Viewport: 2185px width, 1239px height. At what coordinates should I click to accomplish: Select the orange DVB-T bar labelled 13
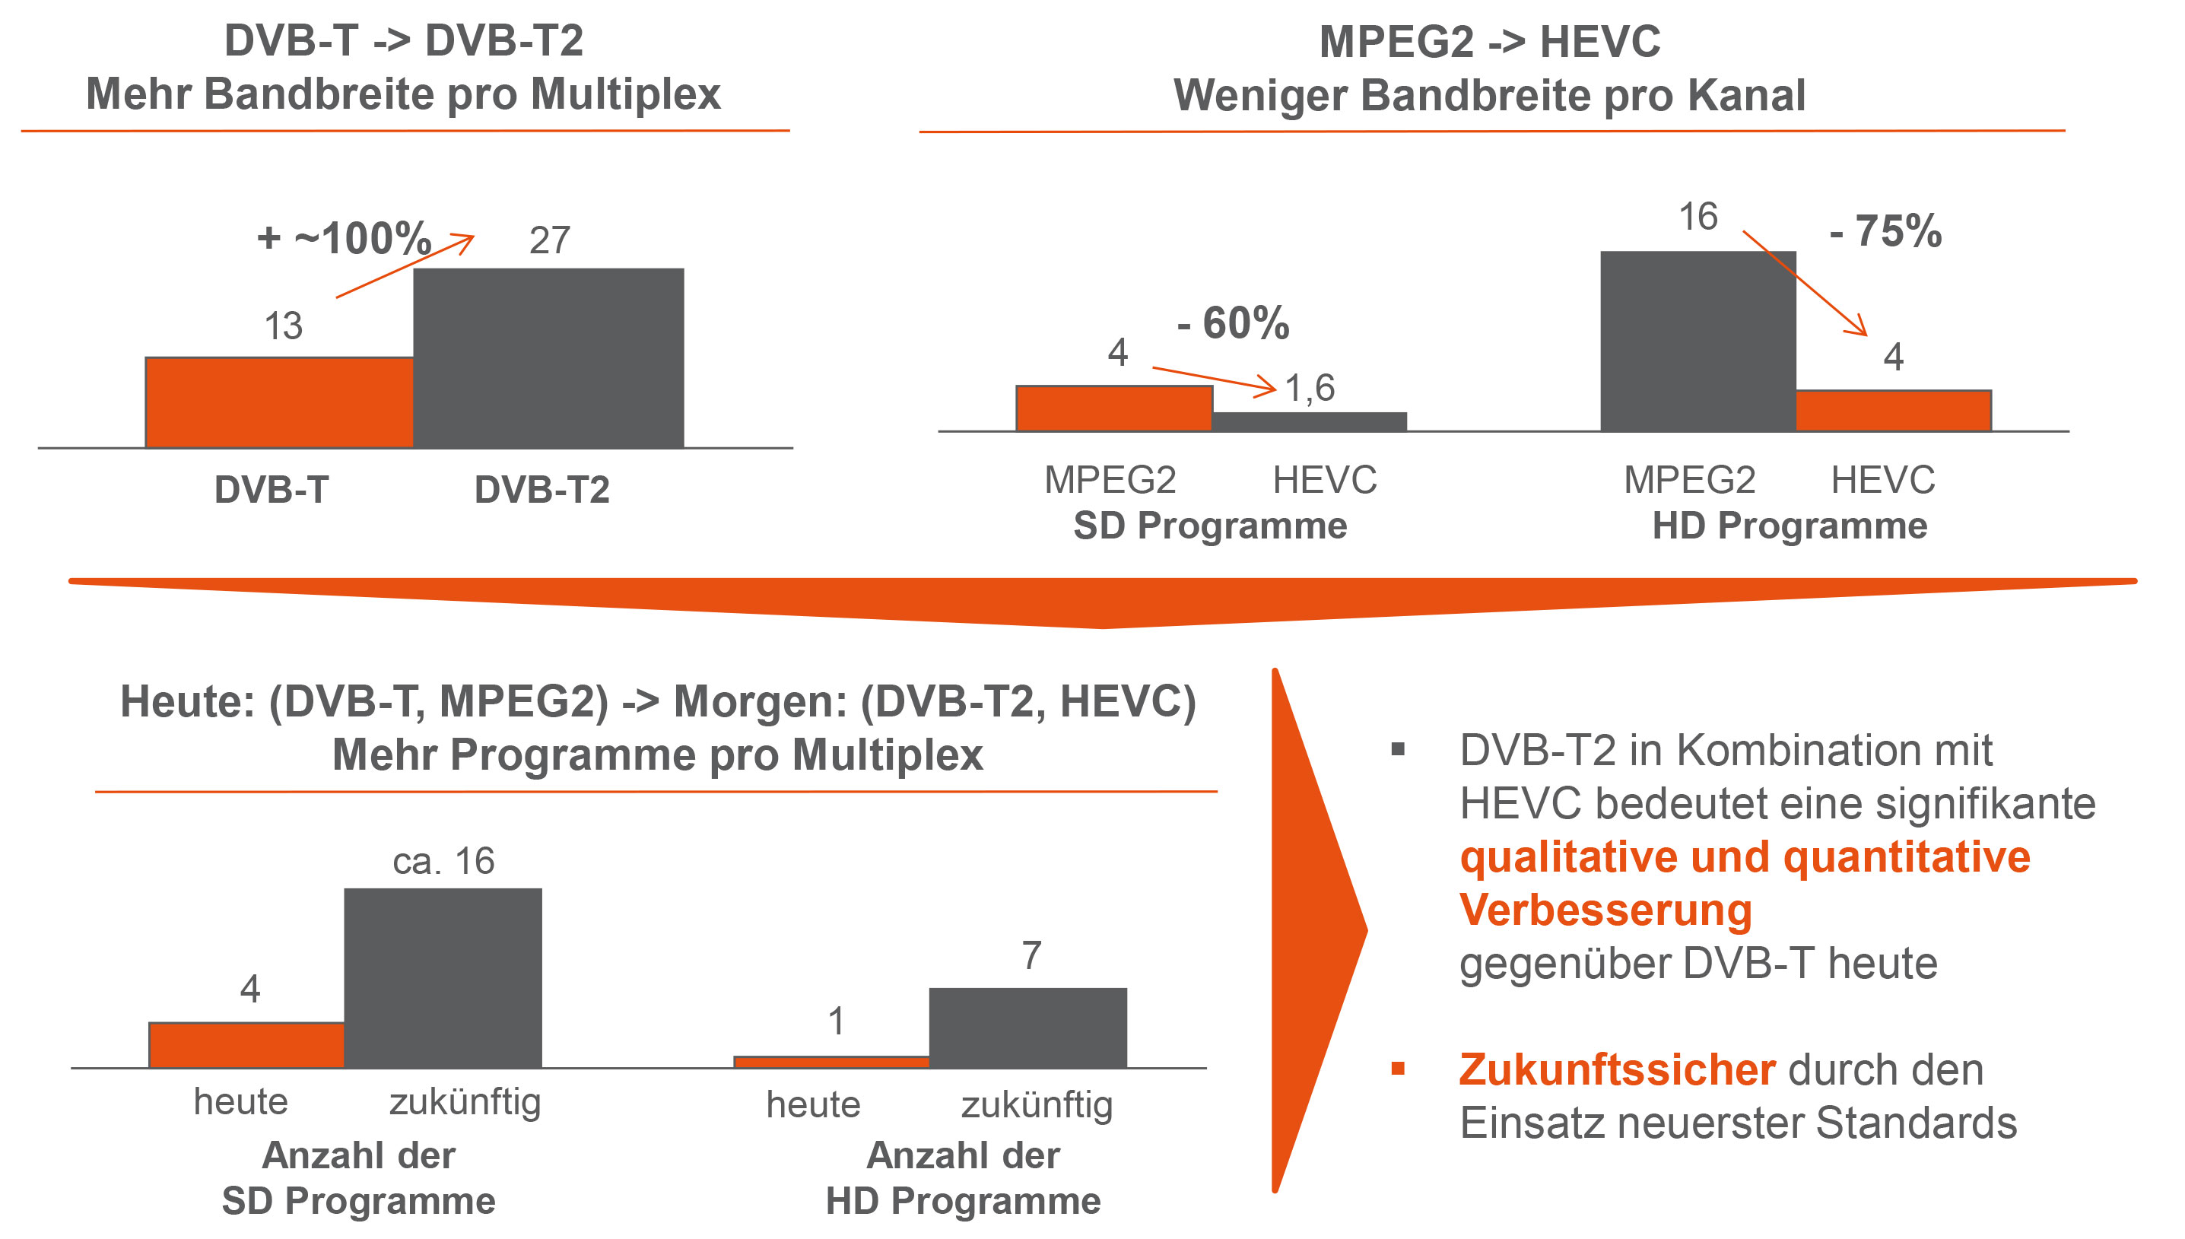click(x=279, y=402)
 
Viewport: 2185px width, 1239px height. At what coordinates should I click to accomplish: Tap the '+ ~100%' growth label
click(x=344, y=237)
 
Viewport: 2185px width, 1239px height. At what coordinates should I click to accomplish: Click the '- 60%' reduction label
click(x=1233, y=323)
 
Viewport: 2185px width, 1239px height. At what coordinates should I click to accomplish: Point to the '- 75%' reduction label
click(x=1885, y=231)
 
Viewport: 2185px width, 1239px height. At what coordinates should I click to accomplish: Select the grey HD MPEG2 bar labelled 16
click(x=1698, y=341)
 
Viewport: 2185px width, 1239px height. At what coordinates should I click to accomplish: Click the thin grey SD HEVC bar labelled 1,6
click(x=1309, y=421)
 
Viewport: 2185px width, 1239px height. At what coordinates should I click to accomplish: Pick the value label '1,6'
click(x=1310, y=388)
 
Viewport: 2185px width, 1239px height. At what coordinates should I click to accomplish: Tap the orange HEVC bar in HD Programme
click(x=1892, y=410)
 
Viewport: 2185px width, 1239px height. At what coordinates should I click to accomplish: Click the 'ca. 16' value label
click(x=443, y=861)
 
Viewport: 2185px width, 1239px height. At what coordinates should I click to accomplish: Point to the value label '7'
click(x=1031, y=955)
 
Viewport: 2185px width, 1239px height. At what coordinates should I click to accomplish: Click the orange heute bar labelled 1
click(x=830, y=1061)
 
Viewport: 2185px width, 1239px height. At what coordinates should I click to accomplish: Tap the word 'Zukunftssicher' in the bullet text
click(x=1616, y=1069)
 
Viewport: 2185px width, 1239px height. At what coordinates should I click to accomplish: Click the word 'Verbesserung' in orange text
click(x=1605, y=910)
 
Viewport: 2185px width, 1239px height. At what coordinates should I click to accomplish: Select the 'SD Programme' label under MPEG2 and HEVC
click(x=1209, y=526)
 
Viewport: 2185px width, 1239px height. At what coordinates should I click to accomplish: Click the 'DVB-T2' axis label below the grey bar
click(x=541, y=490)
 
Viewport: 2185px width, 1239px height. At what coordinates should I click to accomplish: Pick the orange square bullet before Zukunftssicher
click(x=1397, y=1069)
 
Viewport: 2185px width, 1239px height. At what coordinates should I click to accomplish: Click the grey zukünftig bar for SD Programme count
click(x=443, y=978)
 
